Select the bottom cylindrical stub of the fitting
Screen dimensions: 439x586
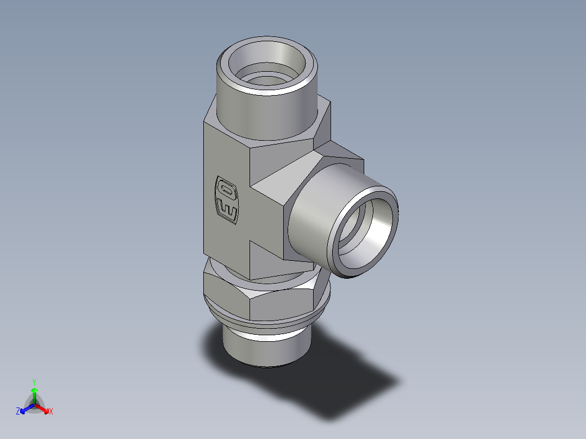[266, 350]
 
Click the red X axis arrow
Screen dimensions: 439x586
[45, 408]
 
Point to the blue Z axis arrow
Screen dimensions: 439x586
[24, 408]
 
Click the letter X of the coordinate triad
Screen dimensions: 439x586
[51, 412]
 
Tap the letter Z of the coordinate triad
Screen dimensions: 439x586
[18, 412]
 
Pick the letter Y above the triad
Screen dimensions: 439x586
[34, 381]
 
